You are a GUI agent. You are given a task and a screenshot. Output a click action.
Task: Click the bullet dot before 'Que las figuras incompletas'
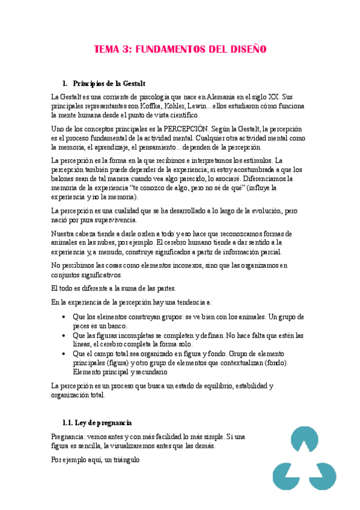coord(64,336)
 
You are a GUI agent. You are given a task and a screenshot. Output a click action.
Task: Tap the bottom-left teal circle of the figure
coord(284,476)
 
